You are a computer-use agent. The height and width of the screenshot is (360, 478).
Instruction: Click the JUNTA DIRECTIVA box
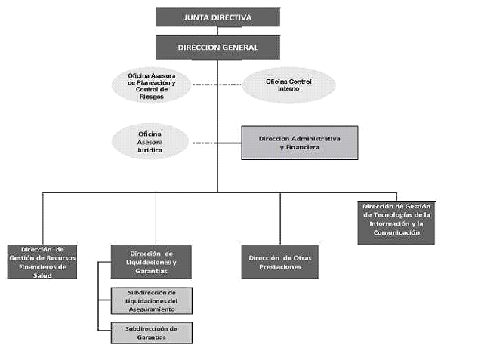tap(217, 17)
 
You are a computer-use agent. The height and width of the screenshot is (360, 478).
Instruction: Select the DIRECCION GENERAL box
tap(217, 48)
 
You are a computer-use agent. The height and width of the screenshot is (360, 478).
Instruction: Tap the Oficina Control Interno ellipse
tap(288, 85)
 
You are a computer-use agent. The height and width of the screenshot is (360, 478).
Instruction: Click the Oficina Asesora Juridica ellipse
tap(150, 142)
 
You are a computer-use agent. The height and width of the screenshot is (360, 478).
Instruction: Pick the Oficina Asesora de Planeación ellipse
tap(151, 85)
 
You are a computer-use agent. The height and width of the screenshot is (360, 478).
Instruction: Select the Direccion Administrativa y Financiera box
tap(300, 143)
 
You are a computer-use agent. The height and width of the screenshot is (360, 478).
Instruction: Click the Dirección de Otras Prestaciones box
tap(280, 262)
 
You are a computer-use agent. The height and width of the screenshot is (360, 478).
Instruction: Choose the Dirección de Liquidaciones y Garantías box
tap(151, 262)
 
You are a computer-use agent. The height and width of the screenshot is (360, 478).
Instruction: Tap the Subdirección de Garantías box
tap(152, 333)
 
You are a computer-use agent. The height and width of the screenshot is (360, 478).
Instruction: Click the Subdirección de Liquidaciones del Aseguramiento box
tap(152, 300)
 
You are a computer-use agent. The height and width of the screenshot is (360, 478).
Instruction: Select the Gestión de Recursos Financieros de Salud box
tap(42, 262)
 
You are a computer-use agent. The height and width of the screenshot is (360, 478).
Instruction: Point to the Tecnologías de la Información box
tap(396, 223)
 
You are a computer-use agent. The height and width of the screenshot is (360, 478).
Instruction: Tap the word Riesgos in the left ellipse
tap(152, 97)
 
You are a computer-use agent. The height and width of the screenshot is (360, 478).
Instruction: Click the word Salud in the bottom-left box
tap(42, 275)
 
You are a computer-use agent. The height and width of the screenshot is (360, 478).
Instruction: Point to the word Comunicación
tap(396, 232)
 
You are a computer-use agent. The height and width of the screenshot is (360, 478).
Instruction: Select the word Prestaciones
tap(280, 267)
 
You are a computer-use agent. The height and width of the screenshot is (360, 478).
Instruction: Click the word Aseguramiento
tap(152, 309)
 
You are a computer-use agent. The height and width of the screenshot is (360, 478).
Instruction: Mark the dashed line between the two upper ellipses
tap(217, 85)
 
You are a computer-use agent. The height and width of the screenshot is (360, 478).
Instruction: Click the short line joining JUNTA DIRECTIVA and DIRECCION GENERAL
tap(217, 31)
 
